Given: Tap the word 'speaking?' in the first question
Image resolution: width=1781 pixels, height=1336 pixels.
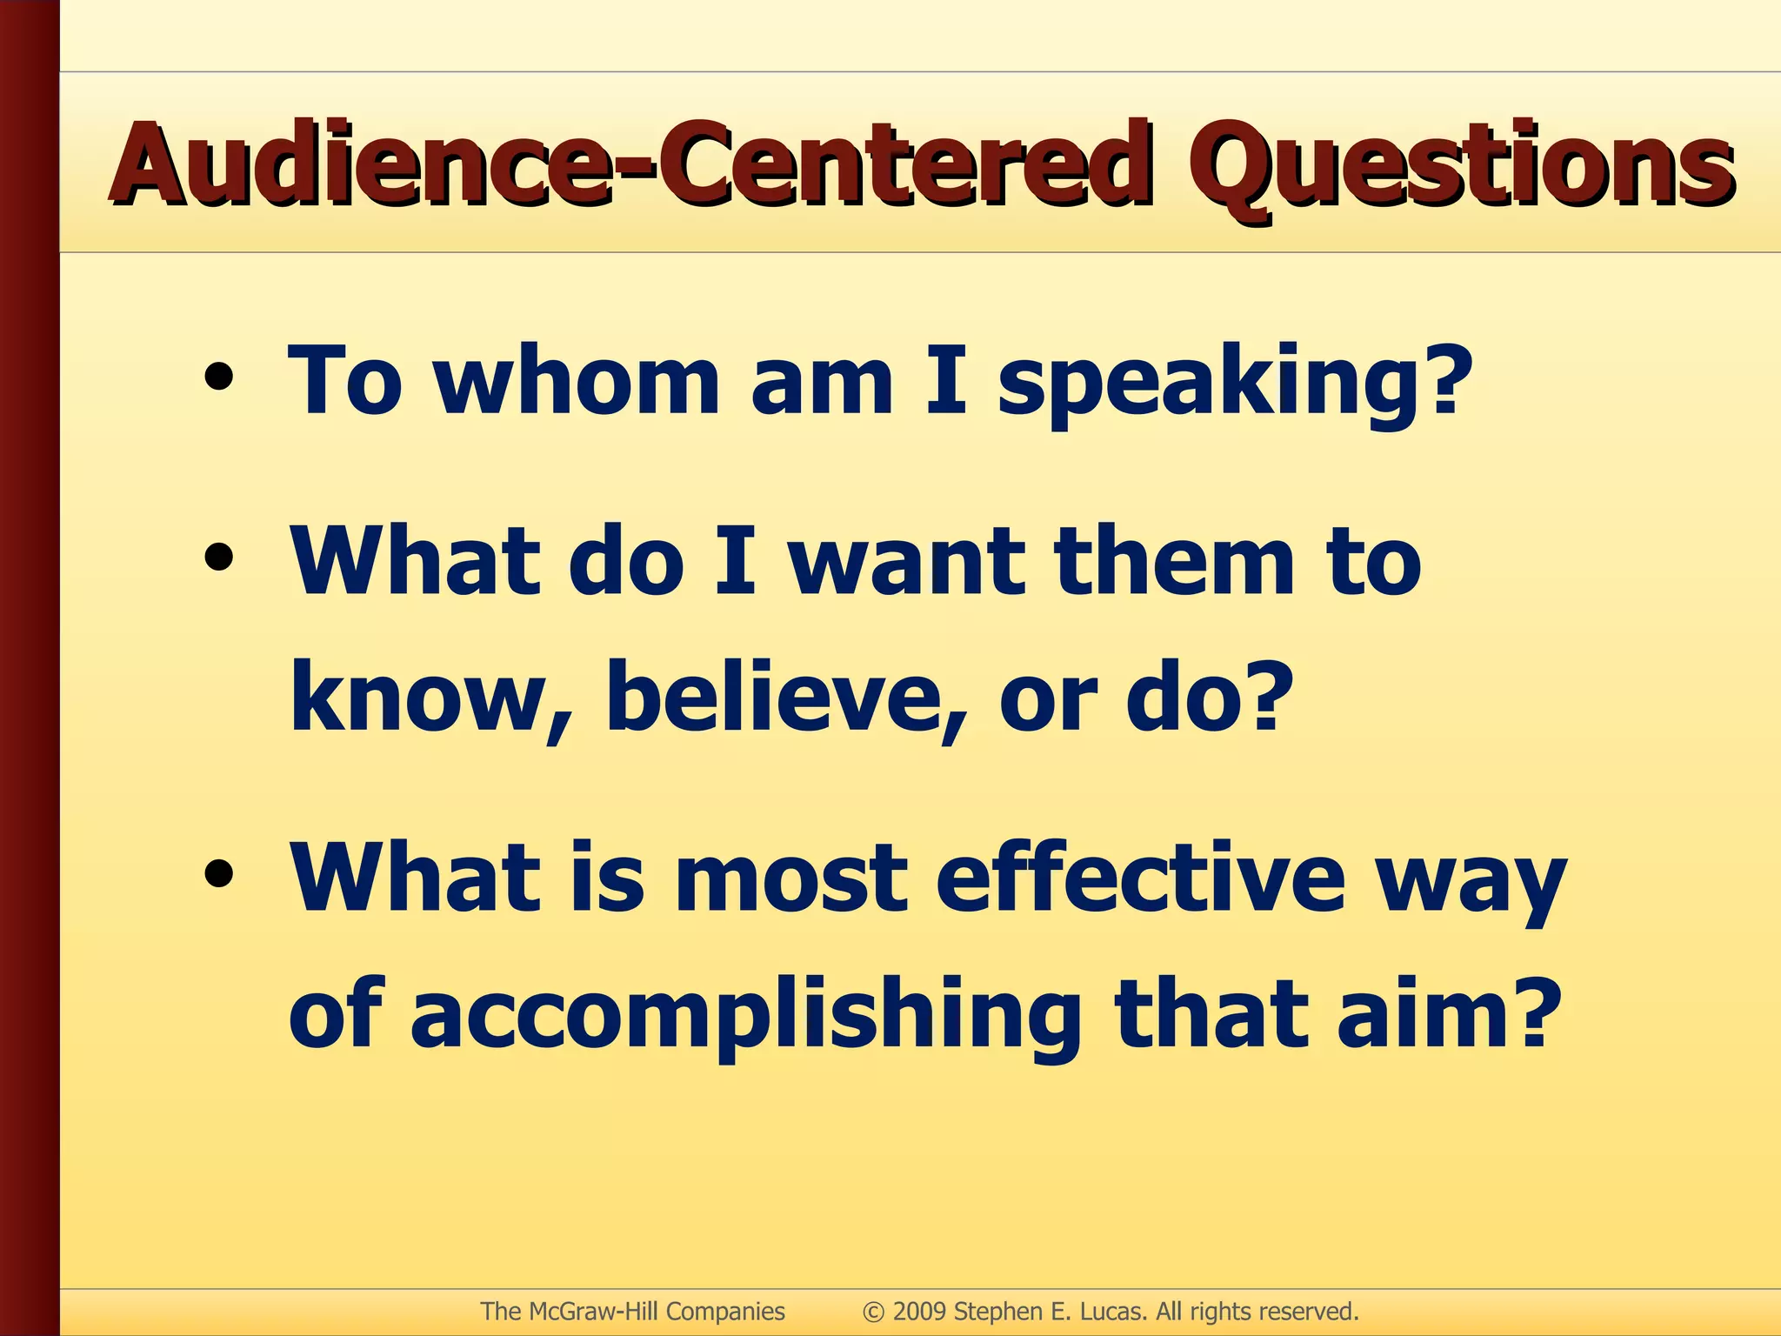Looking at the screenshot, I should tap(1235, 383).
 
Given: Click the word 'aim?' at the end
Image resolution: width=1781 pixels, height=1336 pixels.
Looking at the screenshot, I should tap(1444, 1014).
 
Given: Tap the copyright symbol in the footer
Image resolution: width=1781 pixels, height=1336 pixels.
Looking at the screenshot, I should tap(873, 1312).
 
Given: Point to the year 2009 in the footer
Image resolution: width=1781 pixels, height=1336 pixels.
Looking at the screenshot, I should tap(919, 1311).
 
